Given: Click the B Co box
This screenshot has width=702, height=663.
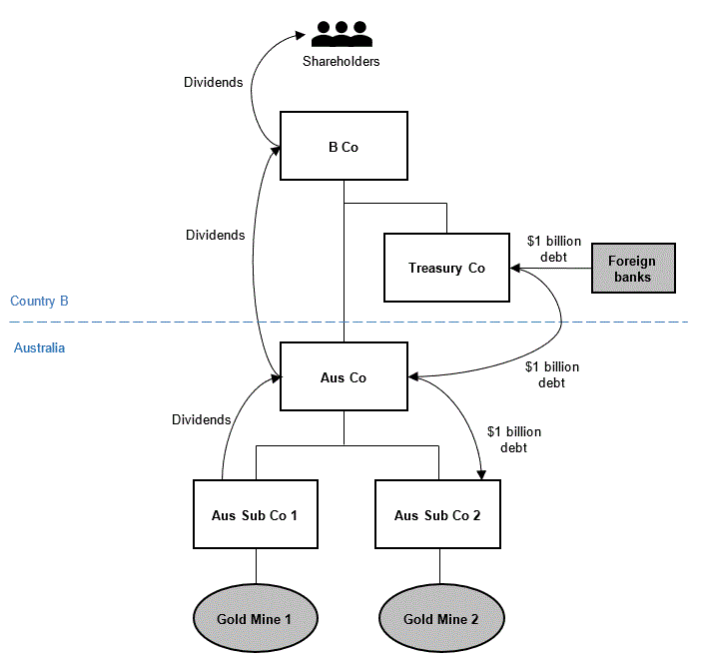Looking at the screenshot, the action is (x=344, y=146).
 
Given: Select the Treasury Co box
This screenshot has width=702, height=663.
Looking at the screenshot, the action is (x=446, y=268).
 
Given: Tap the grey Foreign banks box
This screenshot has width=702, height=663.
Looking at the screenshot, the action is (x=633, y=269).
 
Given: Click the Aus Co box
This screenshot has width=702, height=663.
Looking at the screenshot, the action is (x=344, y=376).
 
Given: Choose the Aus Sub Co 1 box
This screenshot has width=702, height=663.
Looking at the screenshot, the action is (x=256, y=514).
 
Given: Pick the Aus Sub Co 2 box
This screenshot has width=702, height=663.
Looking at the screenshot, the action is (x=437, y=514).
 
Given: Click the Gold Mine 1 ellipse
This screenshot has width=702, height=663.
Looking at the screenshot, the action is (x=256, y=618).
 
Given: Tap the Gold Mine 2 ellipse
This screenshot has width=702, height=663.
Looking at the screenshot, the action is (x=441, y=618).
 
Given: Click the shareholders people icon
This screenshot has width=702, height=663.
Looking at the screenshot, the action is (x=342, y=34).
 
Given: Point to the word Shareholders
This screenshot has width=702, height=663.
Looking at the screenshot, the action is (x=342, y=61).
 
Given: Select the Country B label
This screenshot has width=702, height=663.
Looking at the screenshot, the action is (x=39, y=301).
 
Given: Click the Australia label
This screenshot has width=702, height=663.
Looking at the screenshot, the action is (x=39, y=347).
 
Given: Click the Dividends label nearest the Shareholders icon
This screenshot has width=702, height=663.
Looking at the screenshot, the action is (x=214, y=82).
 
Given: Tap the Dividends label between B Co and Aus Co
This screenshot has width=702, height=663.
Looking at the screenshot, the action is (x=216, y=235).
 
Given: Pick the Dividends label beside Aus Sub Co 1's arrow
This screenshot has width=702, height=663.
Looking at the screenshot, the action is (x=202, y=419).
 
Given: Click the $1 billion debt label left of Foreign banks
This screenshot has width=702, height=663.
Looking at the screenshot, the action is (x=554, y=249).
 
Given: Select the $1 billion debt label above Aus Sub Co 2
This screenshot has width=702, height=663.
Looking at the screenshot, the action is (x=514, y=439).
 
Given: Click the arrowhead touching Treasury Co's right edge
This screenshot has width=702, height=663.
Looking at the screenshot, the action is (x=515, y=269).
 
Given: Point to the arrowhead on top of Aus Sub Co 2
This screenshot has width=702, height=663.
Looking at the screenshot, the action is (x=481, y=475).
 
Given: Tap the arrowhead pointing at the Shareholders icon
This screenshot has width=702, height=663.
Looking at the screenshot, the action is (x=301, y=35).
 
